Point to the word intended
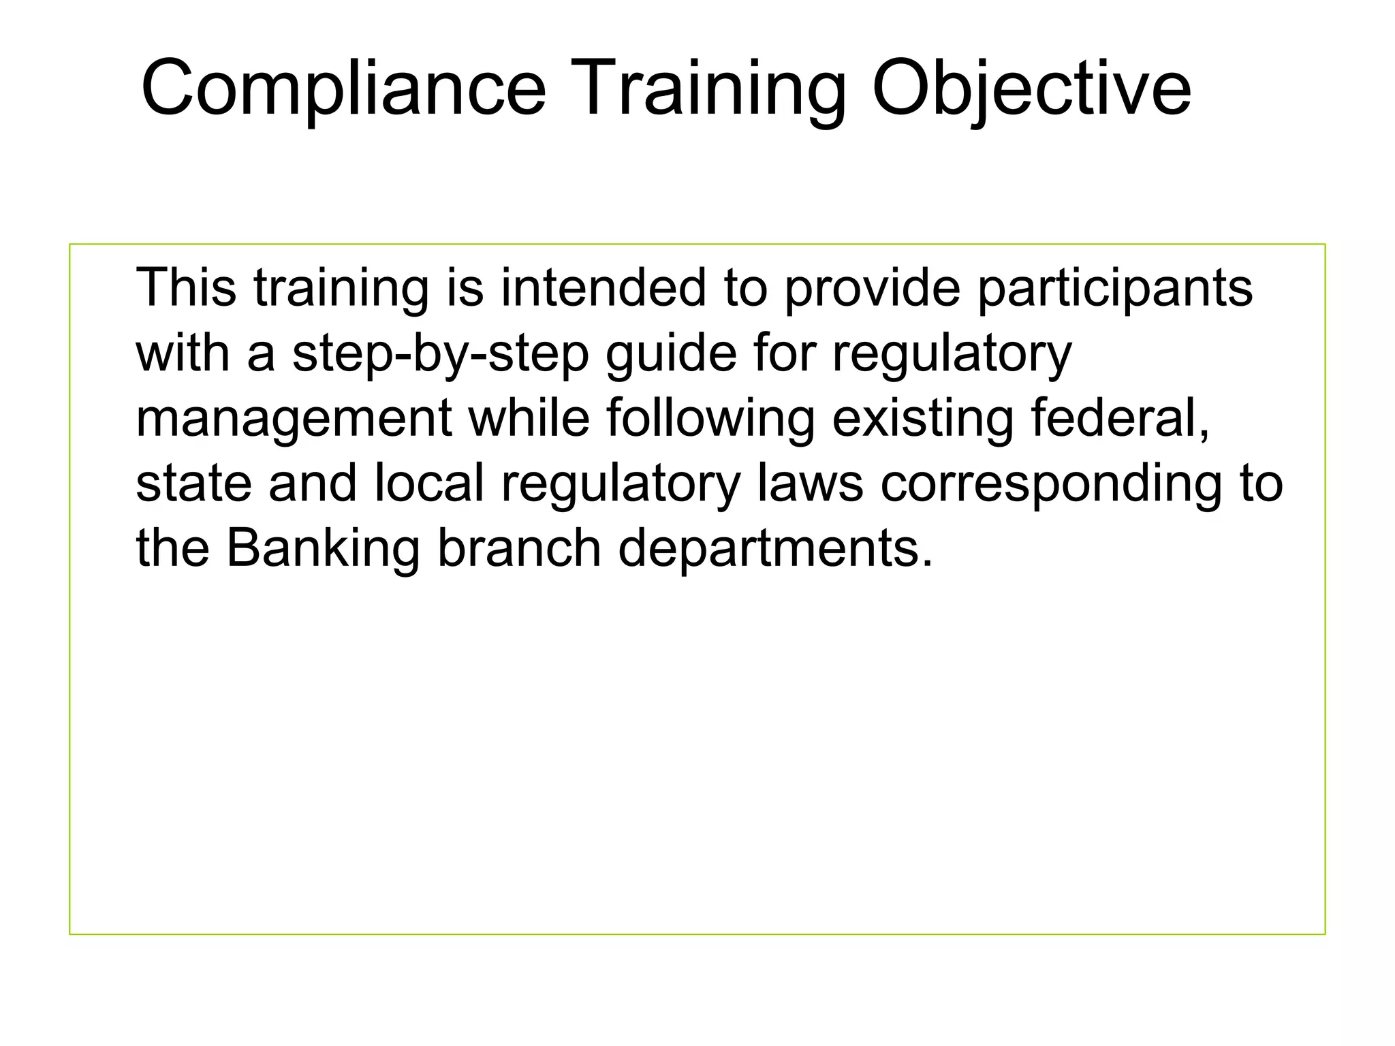pos(604,287)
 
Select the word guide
pos(671,354)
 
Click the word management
pos(294,419)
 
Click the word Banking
pos(323,549)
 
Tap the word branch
pos(519,548)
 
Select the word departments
pos(774,549)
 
